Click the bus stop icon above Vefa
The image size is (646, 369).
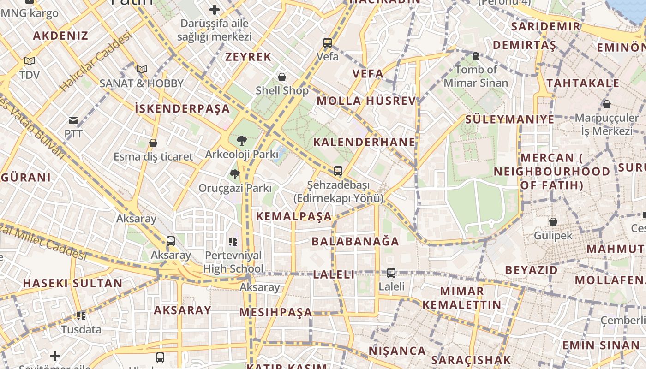328,43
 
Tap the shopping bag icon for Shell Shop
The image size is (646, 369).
282,77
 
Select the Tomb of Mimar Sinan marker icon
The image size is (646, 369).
476,56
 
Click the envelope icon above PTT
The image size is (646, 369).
73,121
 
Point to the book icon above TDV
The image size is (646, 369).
30,61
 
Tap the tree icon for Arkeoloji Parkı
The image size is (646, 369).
241,141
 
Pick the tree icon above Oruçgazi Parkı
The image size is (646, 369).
235,174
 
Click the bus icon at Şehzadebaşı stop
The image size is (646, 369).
338,171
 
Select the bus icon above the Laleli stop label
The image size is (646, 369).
391,273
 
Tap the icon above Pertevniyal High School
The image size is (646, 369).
233,241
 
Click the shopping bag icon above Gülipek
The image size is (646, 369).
553,222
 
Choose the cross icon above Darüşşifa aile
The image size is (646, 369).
215,9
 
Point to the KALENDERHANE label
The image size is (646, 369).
365,142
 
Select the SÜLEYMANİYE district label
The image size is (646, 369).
509,119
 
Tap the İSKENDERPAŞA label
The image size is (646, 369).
182,109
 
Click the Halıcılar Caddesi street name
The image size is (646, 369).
96,63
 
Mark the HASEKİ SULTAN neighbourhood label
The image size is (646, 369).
72,283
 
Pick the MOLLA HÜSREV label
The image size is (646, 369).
366,101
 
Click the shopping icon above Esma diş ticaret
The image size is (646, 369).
153,143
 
